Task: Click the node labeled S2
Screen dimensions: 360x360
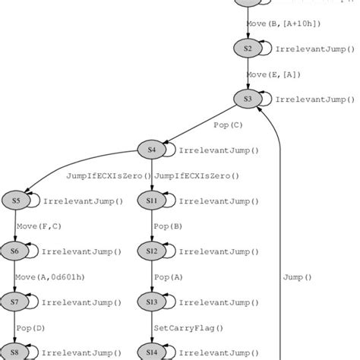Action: pos(247,49)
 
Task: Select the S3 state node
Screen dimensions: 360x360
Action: pos(247,99)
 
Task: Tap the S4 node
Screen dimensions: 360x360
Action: pos(152,150)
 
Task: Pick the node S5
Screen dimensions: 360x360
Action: pos(16,201)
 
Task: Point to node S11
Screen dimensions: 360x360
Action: pos(152,201)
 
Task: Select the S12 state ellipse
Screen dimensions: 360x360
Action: pos(152,251)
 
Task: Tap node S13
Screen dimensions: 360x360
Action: pos(152,302)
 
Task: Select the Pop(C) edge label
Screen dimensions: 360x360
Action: pos(228,125)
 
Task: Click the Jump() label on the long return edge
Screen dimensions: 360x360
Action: pos(297,277)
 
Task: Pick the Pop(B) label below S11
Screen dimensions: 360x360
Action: pos(168,226)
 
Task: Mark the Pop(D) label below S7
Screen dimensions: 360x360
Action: pos(31,327)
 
